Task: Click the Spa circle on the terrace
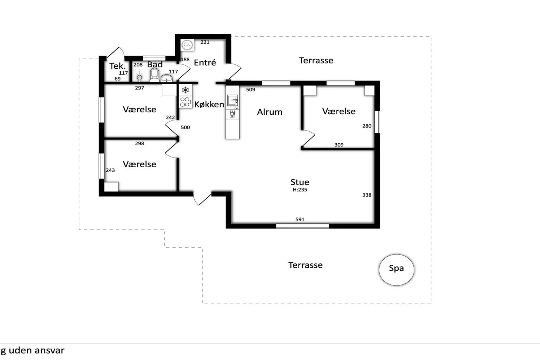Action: (396, 269)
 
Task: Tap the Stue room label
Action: (300, 182)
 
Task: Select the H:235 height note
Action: (300, 190)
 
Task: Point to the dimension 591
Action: (300, 219)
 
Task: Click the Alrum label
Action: (270, 112)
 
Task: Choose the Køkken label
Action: (209, 104)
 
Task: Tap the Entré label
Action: (205, 63)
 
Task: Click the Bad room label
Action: (155, 64)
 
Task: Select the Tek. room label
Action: (117, 66)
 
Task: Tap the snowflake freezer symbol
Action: (185, 90)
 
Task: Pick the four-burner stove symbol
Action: (185, 102)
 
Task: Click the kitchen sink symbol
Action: (232, 100)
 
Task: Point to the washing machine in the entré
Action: (187, 45)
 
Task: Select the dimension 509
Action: (250, 89)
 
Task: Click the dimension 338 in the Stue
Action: (367, 195)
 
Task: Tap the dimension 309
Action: (339, 145)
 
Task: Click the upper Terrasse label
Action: (316, 61)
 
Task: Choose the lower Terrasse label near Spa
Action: (305, 265)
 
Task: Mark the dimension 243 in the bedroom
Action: (110, 170)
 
